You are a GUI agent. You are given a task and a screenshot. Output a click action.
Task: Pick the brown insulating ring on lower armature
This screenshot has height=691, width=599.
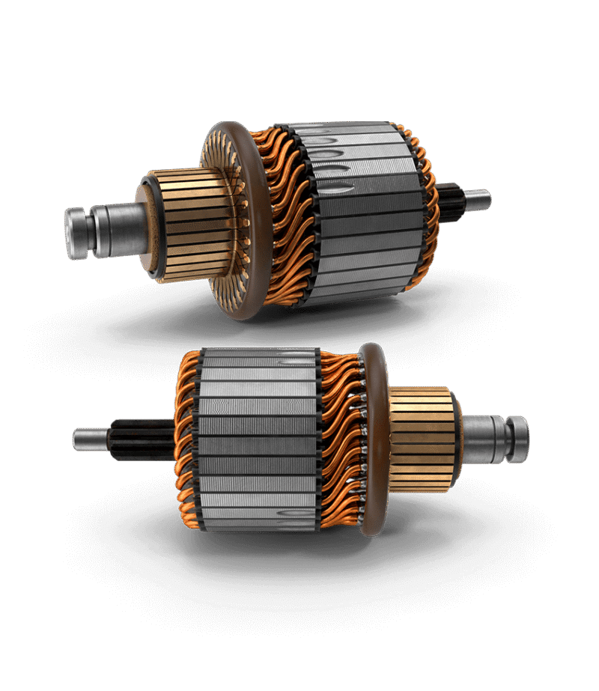(x=371, y=442)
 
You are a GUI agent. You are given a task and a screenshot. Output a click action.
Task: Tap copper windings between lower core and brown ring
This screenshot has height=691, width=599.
(x=341, y=442)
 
